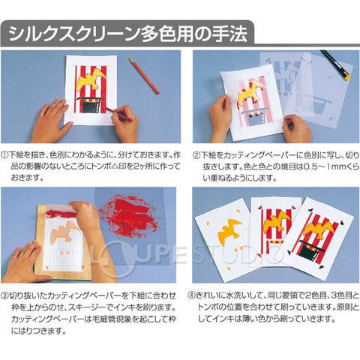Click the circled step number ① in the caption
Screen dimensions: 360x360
[4, 155]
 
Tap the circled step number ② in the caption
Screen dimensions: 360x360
[196, 155]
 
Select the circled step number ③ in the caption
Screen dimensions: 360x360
[4, 296]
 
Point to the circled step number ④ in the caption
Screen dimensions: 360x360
[191, 295]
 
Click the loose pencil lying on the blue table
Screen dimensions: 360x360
[144, 76]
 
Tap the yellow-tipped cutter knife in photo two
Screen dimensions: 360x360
[336, 65]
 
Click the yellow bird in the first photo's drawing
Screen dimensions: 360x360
[91, 78]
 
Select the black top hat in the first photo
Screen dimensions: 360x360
[90, 105]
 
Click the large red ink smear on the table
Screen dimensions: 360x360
[130, 216]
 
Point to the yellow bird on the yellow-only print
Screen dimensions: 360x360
[229, 230]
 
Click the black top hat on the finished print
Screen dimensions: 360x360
[310, 250]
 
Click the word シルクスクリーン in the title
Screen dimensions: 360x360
[74, 34]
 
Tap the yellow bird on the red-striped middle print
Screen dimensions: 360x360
[276, 222]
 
